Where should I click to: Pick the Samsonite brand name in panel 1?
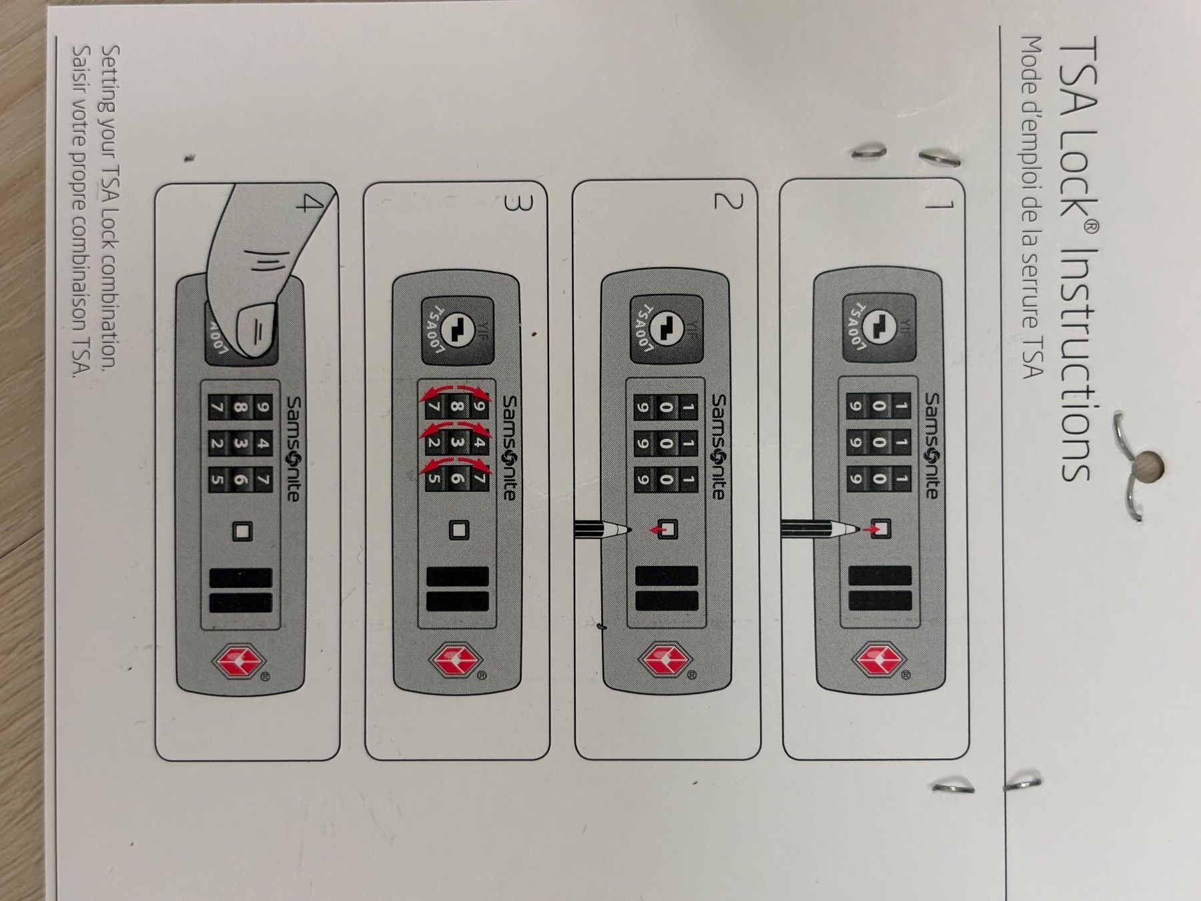pyautogui.click(x=931, y=445)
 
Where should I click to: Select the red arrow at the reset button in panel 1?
pyautogui.click(x=871, y=529)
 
